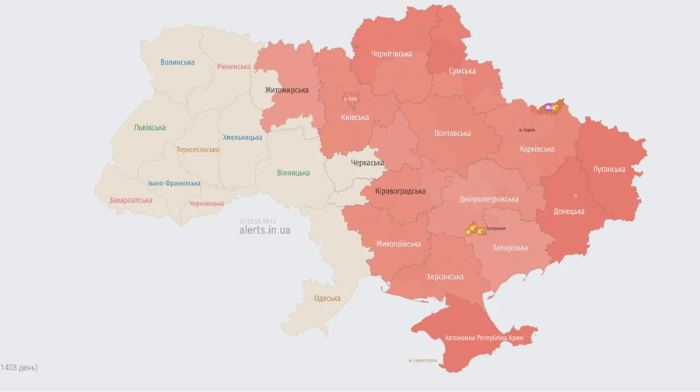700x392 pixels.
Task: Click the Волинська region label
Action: coord(177,62)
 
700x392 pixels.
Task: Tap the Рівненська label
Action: coord(234,67)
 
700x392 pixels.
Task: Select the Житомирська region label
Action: coord(286,90)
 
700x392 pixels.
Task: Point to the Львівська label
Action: coord(149,128)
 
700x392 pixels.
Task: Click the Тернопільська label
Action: coord(198,149)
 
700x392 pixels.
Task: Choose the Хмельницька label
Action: coord(243,138)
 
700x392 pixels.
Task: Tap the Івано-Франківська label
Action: coord(174,184)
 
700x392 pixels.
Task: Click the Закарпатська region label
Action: coord(131,200)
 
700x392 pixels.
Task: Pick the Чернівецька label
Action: coord(207,204)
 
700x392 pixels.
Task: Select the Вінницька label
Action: coord(293,173)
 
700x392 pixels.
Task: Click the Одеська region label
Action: coord(327,299)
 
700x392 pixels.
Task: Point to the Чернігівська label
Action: coord(391,54)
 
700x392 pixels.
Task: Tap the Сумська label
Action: coord(462,71)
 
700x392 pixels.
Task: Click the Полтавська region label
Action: coord(452,133)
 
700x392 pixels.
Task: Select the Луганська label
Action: coord(609,169)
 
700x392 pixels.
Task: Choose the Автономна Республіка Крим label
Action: coord(488,338)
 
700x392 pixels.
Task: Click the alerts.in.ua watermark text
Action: coord(264,231)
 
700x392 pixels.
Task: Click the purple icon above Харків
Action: coord(550,107)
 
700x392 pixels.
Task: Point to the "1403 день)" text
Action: coord(19,367)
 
